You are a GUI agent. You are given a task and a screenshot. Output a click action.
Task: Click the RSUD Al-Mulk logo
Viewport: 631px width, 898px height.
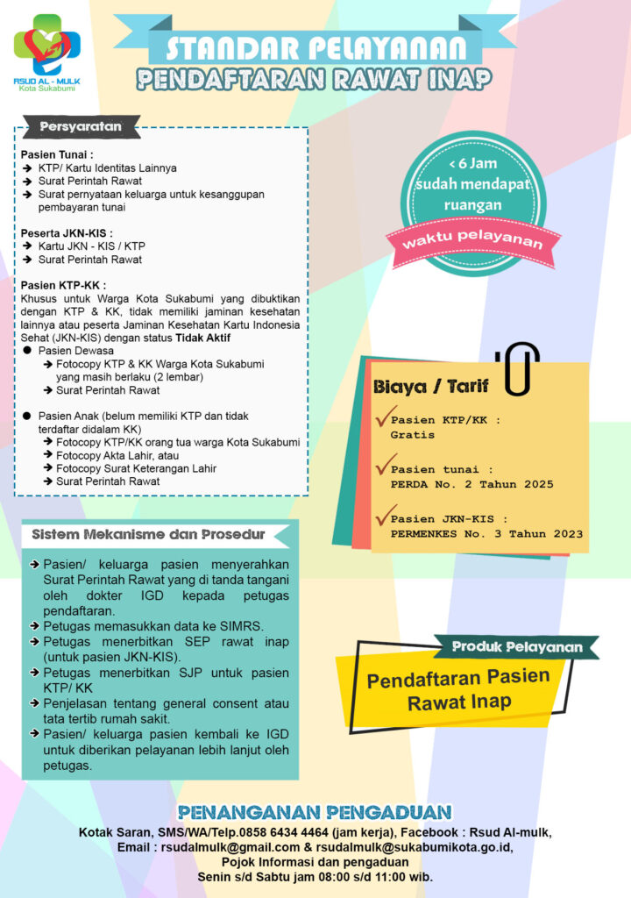click(x=46, y=46)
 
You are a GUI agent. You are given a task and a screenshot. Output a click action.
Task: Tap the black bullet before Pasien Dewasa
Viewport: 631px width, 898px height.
click(x=28, y=351)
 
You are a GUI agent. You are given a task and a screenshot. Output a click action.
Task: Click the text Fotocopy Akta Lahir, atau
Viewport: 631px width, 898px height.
click(x=110, y=455)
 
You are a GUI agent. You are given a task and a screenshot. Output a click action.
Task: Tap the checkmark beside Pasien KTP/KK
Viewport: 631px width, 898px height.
click(x=381, y=417)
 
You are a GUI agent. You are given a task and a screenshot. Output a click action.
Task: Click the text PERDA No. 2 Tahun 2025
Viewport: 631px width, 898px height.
click(x=471, y=484)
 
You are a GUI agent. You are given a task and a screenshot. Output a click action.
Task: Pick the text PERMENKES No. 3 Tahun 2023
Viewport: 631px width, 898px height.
click(x=486, y=533)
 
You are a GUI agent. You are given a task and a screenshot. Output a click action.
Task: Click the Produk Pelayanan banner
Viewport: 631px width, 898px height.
click(x=517, y=647)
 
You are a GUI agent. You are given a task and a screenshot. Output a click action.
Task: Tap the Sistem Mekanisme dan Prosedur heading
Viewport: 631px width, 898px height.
click(x=148, y=534)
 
